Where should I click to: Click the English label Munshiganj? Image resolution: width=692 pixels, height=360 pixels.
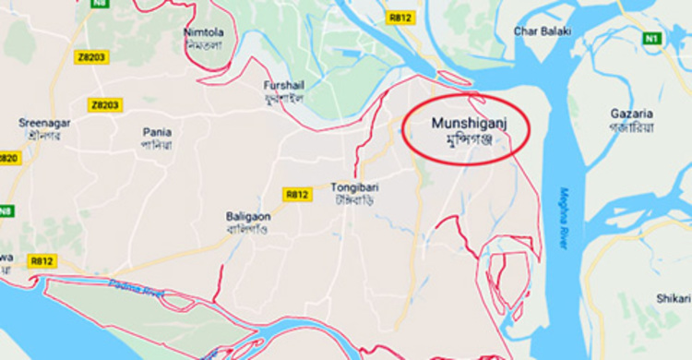pyautogui.click(x=468, y=122)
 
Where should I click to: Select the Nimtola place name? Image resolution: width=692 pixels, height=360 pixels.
pyautogui.click(x=203, y=32)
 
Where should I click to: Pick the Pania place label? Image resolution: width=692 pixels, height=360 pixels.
pyautogui.click(x=156, y=132)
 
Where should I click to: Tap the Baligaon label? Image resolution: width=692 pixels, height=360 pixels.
pyautogui.click(x=247, y=216)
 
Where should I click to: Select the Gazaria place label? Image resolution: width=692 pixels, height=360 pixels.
pyautogui.click(x=631, y=113)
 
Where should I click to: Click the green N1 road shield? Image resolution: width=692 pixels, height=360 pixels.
pyautogui.click(x=653, y=38)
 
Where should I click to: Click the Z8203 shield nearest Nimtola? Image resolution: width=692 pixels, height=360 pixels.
pyautogui.click(x=89, y=56)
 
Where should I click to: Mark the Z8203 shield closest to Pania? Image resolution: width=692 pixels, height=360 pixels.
pyautogui.click(x=105, y=105)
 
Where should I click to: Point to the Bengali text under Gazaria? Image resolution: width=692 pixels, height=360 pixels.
pyautogui.click(x=631, y=127)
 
